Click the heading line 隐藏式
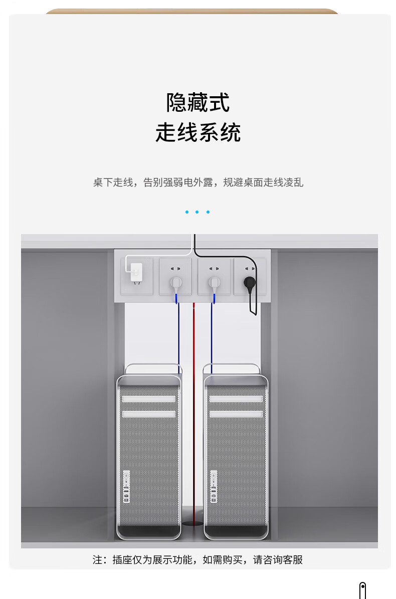coord(198,102)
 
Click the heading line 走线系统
coord(198,132)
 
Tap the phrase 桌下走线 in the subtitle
coord(113,182)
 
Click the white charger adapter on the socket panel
coord(135,272)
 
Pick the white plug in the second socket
coord(175,283)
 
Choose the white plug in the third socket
coord(214,283)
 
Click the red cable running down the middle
coord(194,401)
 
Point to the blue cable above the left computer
coord(178,336)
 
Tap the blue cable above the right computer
coord(212,336)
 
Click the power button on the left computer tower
coord(126,474)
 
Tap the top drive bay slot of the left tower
coord(149,400)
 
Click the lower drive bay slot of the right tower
coord(236,414)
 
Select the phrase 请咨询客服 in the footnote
coord(278,559)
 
